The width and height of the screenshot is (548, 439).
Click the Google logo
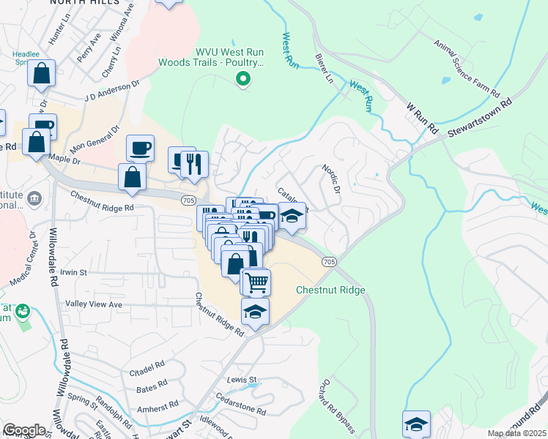pos(24,430)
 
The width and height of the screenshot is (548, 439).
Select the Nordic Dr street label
pos(332,179)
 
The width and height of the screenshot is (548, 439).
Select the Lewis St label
pos(242,380)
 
